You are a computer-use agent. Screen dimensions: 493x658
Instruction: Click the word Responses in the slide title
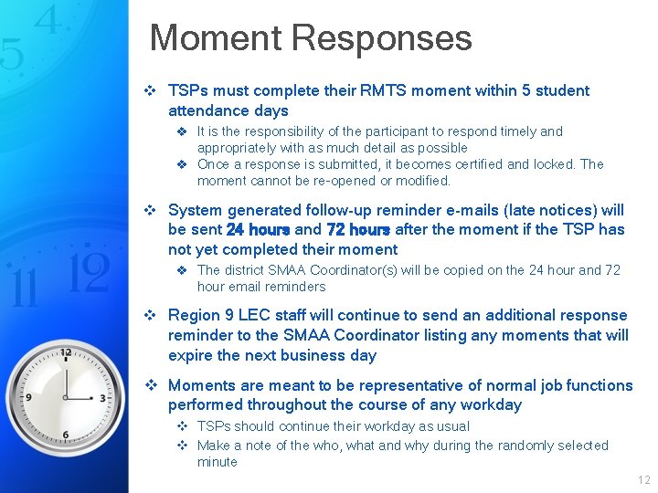tap(381, 39)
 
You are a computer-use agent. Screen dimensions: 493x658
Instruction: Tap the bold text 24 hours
tap(258, 230)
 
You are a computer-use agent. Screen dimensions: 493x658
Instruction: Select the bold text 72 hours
tap(358, 230)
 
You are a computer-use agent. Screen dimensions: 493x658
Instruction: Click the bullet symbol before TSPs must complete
tap(153, 90)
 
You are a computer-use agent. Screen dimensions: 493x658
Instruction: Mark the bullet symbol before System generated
tap(153, 210)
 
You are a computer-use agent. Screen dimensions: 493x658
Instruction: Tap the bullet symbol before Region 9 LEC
tap(153, 315)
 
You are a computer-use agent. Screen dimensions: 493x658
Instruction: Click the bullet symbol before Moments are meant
tap(153, 385)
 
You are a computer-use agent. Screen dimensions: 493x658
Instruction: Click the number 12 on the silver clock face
tap(66, 352)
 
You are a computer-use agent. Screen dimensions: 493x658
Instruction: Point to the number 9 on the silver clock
tap(29, 397)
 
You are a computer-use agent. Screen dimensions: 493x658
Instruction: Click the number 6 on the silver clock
tap(66, 435)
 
